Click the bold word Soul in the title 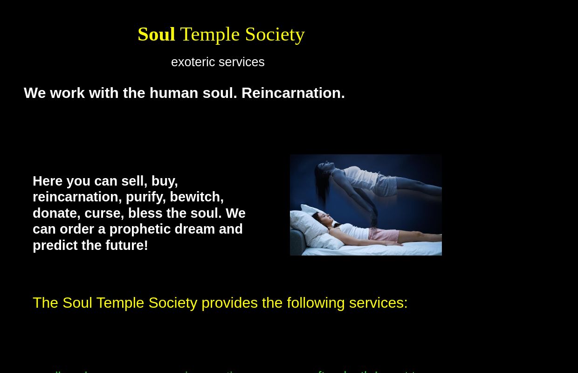pyautogui.click(x=156, y=35)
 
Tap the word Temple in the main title pyautogui.click(x=210, y=35)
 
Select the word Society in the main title pyautogui.click(x=275, y=35)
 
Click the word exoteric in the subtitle pyautogui.click(x=193, y=62)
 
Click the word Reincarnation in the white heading pyautogui.click(x=293, y=93)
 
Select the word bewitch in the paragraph pyautogui.click(x=196, y=197)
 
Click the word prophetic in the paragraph pyautogui.click(x=140, y=229)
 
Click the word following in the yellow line pyautogui.click(x=316, y=303)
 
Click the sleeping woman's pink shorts pyautogui.click(x=383, y=235)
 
